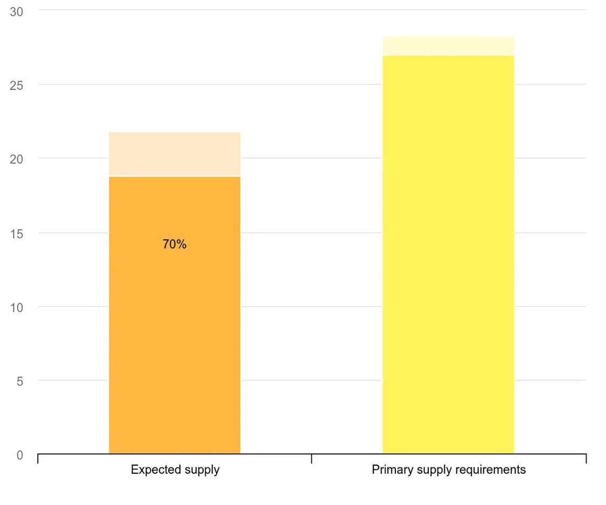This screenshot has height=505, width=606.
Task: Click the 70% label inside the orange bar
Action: (x=175, y=245)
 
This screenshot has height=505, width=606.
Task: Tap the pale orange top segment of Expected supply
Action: (x=175, y=154)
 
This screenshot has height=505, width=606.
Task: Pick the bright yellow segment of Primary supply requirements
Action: (x=448, y=253)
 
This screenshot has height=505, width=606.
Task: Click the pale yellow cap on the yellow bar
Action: (x=448, y=46)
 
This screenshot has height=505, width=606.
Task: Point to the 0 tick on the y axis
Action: (x=20, y=455)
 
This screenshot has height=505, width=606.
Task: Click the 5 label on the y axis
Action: (x=20, y=382)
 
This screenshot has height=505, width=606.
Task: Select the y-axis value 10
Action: (x=17, y=308)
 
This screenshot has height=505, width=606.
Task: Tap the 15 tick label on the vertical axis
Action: (x=17, y=234)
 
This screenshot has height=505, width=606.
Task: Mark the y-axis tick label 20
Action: (x=17, y=160)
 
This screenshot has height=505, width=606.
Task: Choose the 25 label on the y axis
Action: (x=17, y=86)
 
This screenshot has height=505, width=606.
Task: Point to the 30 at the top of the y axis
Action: (x=17, y=12)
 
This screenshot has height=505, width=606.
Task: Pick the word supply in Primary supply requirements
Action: (x=431, y=470)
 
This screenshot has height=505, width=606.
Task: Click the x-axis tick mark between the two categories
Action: (x=312, y=459)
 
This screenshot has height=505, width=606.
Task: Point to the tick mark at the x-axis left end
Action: (x=38, y=459)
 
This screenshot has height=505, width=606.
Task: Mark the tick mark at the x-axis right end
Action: (x=586, y=459)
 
